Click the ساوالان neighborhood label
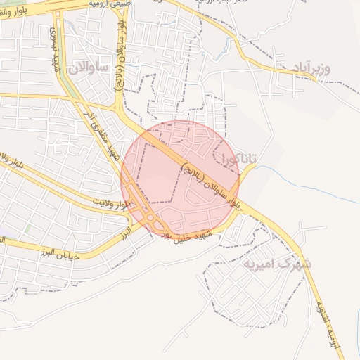[x=88, y=67]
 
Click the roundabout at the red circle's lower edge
[x=151, y=219]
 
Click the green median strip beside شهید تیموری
[x=67, y=77]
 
